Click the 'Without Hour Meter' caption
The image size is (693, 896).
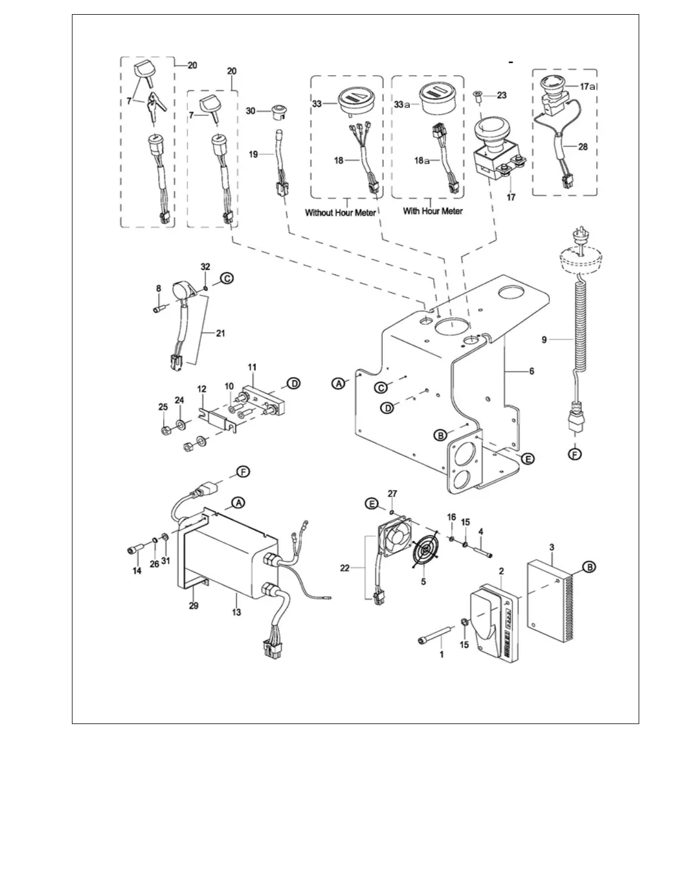(340, 213)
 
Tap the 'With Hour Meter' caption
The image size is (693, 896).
(433, 211)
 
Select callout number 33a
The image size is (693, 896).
(403, 104)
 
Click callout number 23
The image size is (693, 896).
(502, 96)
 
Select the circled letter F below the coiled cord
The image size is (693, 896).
(575, 454)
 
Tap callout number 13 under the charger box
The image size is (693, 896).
(236, 612)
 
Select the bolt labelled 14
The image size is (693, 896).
(134, 549)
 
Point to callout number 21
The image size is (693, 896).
(220, 333)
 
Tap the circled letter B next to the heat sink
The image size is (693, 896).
(588, 566)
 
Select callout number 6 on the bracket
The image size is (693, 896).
(531, 371)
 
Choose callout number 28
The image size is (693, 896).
(583, 147)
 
